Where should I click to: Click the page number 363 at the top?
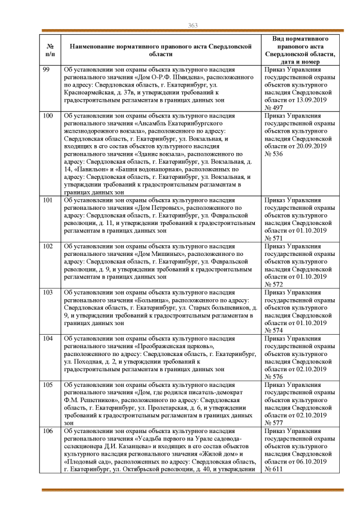point(192,25)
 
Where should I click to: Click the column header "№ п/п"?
point(49,49)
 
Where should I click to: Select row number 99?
point(47,69)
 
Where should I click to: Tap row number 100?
point(48,115)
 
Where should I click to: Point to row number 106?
point(48,431)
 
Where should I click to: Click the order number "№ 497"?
point(274,107)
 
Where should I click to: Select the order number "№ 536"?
point(274,154)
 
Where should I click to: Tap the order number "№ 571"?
point(274,238)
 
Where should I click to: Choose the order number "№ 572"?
point(274,285)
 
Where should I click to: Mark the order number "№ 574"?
point(274,331)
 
